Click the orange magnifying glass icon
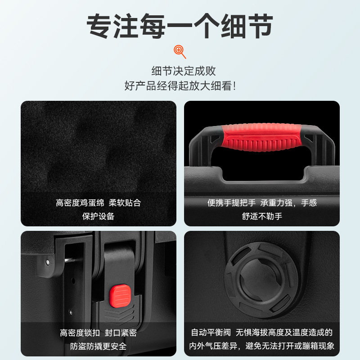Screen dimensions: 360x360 [180, 52]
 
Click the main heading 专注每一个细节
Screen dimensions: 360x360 [180, 26]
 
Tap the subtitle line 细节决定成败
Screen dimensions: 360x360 [184, 71]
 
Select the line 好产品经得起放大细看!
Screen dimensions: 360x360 [180, 86]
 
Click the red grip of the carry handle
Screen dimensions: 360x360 [261, 137]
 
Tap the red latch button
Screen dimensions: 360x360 [120, 296]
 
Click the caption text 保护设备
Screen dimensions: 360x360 [98, 216]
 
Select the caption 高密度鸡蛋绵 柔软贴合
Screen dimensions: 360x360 [98, 203]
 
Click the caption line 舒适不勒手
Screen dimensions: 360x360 [262, 216]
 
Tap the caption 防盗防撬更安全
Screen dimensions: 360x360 [98, 346]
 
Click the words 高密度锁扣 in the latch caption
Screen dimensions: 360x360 [80, 333]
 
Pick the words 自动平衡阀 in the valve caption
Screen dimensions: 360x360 [211, 333]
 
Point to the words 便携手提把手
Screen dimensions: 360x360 [231, 203]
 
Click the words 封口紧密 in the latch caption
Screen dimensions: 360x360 [121, 333]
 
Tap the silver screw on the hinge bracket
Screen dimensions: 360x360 [48, 262]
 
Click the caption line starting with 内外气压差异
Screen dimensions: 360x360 [262, 346]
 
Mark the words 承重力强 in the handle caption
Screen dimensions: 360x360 [276, 203]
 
